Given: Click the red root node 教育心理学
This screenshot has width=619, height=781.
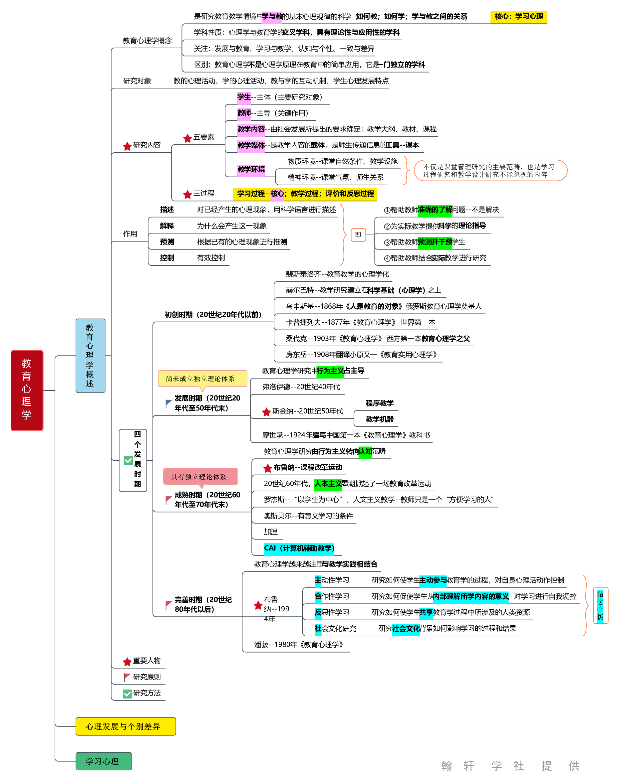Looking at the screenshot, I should tap(27, 390).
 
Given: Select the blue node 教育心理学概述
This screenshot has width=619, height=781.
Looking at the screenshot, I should tap(90, 355).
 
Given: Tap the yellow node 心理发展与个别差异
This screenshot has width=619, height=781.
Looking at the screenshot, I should tap(126, 726).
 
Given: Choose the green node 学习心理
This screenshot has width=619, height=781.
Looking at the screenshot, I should tap(103, 761).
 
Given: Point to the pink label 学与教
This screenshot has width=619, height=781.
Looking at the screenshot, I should tap(271, 17).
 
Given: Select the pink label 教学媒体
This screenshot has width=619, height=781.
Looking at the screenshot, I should tap(251, 146).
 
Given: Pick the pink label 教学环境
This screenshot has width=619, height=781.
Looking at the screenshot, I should tap(251, 169).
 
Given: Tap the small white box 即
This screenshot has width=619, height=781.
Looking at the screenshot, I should tap(358, 235).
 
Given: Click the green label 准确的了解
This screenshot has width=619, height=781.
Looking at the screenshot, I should tap(435, 210).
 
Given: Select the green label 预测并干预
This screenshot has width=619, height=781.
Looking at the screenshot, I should tap(435, 242).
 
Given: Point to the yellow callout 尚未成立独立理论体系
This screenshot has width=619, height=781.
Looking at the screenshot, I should tap(202, 379).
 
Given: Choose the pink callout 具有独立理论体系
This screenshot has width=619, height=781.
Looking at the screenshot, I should tap(200, 477).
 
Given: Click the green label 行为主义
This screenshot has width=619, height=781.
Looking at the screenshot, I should tap(330, 371).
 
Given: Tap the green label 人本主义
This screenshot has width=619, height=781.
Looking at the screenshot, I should tap(328, 484).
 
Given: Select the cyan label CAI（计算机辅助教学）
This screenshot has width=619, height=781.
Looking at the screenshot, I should tap(299, 548).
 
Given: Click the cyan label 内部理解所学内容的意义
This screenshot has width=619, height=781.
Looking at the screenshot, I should tap(470, 596).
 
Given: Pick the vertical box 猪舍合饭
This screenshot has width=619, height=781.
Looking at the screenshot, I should tap(600, 605).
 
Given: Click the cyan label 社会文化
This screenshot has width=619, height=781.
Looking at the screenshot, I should tap(406, 629).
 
